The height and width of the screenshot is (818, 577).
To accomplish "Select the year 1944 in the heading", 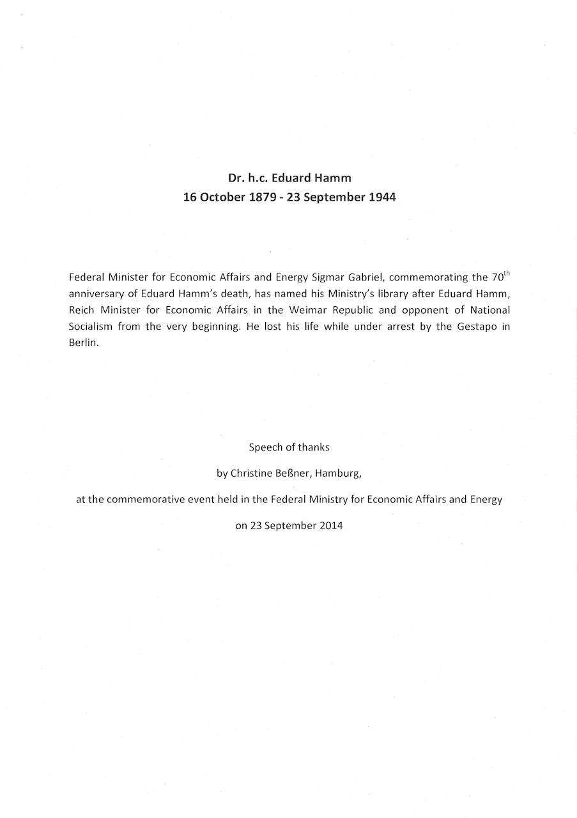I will (x=381, y=197).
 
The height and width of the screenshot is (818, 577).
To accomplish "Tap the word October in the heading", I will (x=222, y=197).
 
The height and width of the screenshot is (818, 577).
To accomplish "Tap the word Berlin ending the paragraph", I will (x=83, y=342).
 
